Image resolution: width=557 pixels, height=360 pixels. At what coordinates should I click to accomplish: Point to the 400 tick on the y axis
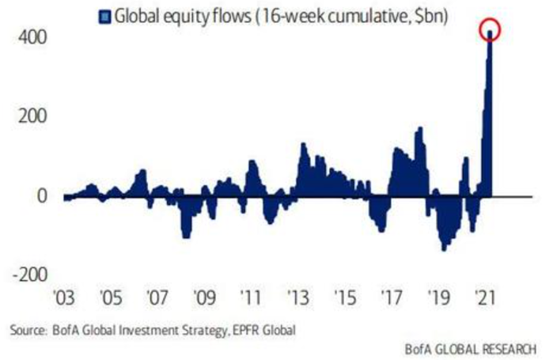pyautogui.click(x=29, y=37)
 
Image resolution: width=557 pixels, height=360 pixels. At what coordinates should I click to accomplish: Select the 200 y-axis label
pyautogui.click(x=29, y=116)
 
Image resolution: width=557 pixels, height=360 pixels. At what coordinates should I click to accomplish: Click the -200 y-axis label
pyautogui.click(x=25, y=274)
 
